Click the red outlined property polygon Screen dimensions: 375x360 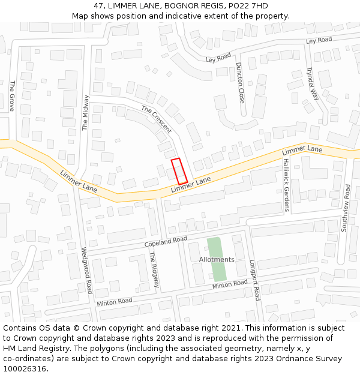[x=179, y=171]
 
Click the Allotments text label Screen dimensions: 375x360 [x=216, y=260]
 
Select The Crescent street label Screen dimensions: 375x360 [x=156, y=119]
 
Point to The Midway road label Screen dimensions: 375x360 [x=85, y=113]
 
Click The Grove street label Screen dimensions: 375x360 [x=11, y=96]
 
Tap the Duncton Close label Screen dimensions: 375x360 [x=240, y=82]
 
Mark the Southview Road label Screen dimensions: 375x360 [x=346, y=208]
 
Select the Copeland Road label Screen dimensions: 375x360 [x=166, y=242]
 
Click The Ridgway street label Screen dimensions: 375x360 [x=154, y=269]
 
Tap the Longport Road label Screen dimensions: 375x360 [x=254, y=280]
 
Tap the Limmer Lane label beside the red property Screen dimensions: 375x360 [x=191, y=185]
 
